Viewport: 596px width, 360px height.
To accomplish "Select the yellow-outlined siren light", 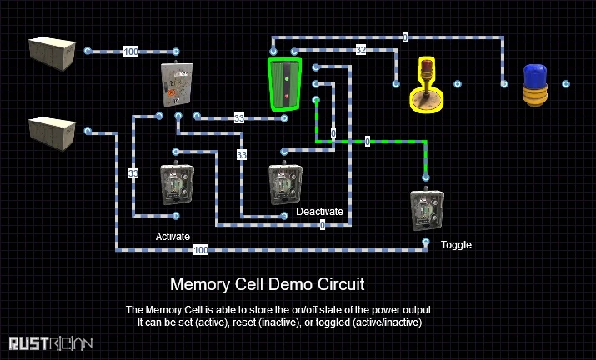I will [x=426, y=86].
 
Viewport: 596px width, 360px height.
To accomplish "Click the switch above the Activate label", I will [x=177, y=183].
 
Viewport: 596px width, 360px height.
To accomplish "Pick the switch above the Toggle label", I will [x=427, y=211].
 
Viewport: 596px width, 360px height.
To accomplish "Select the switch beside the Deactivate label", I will [x=284, y=184].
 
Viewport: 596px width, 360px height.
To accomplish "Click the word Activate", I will [x=173, y=236].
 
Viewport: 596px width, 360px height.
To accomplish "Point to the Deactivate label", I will [x=320, y=212].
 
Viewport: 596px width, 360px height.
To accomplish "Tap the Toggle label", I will [x=456, y=245].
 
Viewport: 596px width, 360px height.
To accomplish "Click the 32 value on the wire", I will [x=360, y=50].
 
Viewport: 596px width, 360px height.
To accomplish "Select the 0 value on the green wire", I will [x=368, y=142].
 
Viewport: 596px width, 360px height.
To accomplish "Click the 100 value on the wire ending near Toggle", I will [x=201, y=249].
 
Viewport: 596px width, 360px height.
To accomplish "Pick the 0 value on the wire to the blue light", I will [x=405, y=37].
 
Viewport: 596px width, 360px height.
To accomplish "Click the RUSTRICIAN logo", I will [x=51, y=342].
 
